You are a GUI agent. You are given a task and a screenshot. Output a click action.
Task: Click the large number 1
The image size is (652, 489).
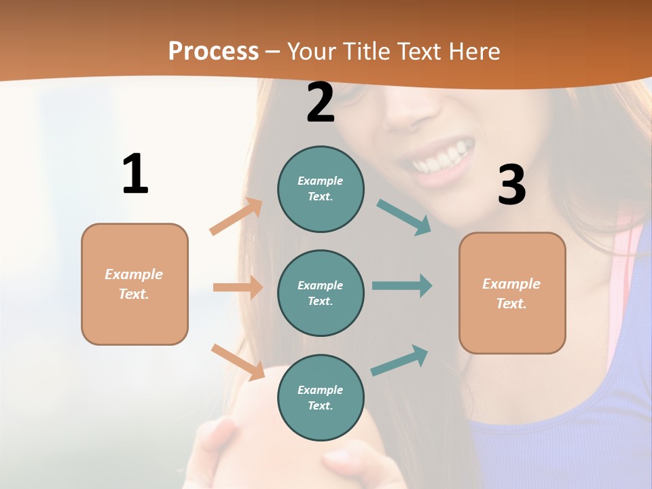point(135,175)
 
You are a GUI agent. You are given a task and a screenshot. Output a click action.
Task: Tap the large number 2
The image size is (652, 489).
point(321,103)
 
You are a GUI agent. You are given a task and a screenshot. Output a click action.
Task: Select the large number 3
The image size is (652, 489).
point(511,185)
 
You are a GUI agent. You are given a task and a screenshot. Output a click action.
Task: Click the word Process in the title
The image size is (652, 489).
point(213,51)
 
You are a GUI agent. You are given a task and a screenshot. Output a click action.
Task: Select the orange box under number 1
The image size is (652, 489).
point(134,284)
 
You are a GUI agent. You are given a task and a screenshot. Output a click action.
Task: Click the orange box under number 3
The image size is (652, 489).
point(512,293)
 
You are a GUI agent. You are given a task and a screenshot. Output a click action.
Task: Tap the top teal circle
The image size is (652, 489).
point(321,189)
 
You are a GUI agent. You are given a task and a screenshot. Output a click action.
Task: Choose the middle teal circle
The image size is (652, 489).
point(321,293)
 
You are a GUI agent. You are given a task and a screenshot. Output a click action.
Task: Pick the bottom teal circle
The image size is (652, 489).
point(321,397)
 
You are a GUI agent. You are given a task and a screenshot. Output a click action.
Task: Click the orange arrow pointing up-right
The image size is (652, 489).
point(236,217)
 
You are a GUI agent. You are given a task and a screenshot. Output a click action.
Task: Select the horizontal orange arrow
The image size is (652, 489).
point(238,287)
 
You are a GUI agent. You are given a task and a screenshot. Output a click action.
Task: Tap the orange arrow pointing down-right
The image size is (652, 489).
point(238,361)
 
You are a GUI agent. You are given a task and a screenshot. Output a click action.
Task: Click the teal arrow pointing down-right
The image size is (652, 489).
point(404,217)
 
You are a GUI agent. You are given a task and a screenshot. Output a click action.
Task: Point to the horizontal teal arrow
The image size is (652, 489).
point(402,285)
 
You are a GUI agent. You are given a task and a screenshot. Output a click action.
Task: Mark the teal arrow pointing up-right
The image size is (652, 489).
point(399,361)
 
